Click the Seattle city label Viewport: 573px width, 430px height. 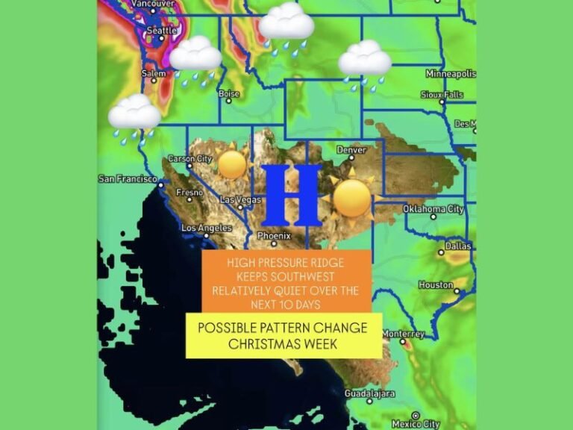point(162,31)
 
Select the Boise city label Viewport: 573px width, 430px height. point(228,94)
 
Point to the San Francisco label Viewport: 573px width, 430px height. point(127,179)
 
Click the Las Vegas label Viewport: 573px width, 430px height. point(240,200)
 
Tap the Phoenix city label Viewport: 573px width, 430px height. point(274,235)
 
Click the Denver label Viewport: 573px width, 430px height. point(351,150)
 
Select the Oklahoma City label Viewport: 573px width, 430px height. point(433,209)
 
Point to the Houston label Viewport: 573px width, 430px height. point(436,285)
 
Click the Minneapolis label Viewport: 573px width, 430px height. point(450,74)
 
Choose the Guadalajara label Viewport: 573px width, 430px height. point(370,393)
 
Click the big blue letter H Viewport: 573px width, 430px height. point(291,196)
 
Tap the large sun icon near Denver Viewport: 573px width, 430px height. point(351,196)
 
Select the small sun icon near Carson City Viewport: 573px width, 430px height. point(232,163)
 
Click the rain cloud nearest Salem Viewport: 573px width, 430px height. point(195,56)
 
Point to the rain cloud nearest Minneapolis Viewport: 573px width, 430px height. point(365,60)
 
